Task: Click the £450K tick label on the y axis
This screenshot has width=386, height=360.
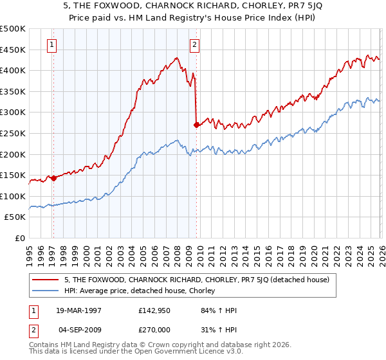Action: [x=13, y=50]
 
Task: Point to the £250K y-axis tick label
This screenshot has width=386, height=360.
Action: [x=13, y=133]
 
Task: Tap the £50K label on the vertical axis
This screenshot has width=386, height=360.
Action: [x=15, y=217]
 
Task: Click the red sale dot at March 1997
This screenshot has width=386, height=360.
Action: [x=53, y=178]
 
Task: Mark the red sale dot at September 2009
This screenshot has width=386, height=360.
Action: [x=196, y=125]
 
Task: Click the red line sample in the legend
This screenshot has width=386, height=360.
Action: [x=46, y=280]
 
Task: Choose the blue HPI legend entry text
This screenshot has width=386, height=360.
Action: [x=143, y=291]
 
